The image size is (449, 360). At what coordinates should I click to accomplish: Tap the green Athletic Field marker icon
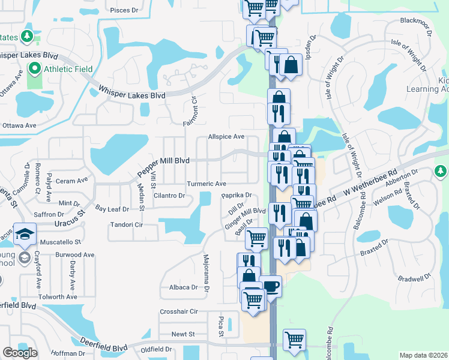tap(35, 69)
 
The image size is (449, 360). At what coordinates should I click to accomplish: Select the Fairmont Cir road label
tap(191, 110)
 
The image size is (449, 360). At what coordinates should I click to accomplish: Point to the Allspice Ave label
tap(226, 137)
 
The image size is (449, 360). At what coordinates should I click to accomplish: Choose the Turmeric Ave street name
tap(206, 184)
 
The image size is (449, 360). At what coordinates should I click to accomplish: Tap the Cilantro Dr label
tap(169, 196)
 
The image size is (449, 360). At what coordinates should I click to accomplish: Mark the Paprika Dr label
tap(236, 196)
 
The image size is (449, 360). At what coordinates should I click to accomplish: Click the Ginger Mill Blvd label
tap(245, 217)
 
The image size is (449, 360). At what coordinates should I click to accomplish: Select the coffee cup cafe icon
tap(271, 286)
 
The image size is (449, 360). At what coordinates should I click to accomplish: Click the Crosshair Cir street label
tap(179, 311)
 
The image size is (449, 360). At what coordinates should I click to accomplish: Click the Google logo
tap(20, 353)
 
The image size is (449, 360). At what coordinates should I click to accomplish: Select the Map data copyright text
tap(423, 355)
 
